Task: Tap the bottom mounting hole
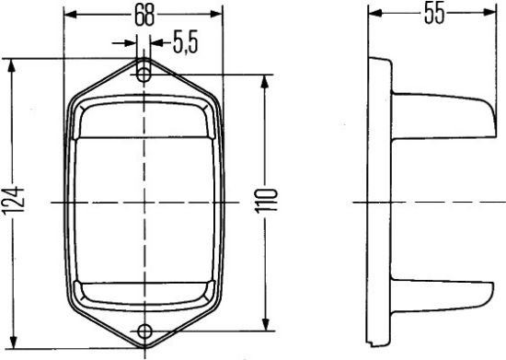click(x=144, y=331)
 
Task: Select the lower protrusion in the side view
click(x=442, y=294)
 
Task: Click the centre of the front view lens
click(x=144, y=202)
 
